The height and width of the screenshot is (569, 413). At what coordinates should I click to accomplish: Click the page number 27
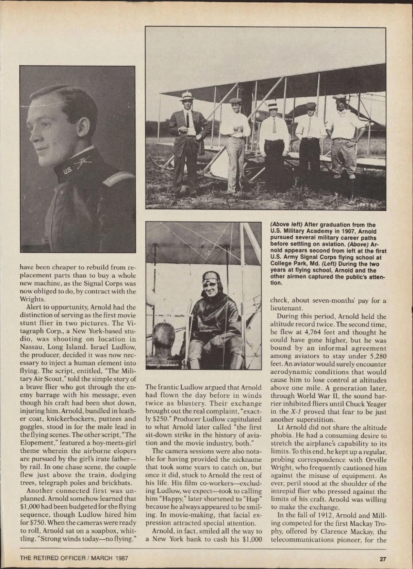[383, 558]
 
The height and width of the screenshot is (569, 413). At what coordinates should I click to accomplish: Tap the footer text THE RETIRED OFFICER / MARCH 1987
[74, 558]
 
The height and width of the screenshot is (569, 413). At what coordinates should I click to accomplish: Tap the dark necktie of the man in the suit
[188, 120]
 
